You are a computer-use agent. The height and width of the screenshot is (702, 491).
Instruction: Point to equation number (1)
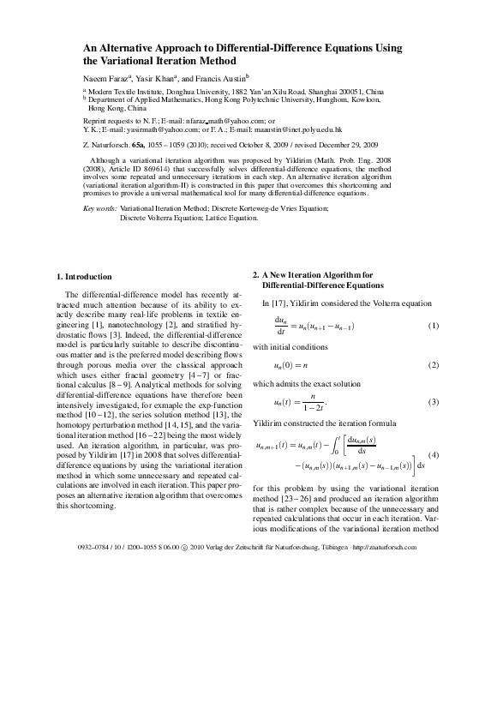[433, 327]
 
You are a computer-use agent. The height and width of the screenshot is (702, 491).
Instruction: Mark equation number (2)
[433, 365]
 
